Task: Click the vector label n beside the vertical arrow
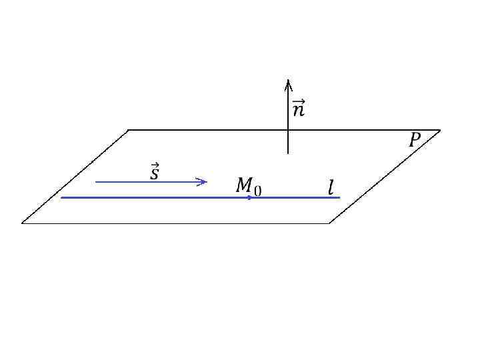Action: [x=298, y=110]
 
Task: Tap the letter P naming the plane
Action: [x=415, y=140]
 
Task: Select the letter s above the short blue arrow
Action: [x=154, y=175]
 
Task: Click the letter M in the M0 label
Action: [x=245, y=186]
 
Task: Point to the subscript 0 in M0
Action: [x=257, y=191]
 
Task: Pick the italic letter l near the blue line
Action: [x=331, y=188]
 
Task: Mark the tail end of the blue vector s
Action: [x=96, y=181]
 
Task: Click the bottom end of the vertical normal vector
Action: [x=288, y=153]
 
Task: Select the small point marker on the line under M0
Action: [x=249, y=197]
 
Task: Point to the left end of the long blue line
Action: [x=61, y=197]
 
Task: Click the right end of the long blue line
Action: [x=340, y=197]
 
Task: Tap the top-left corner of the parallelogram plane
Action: [x=128, y=130]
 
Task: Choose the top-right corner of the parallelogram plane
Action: [x=440, y=130]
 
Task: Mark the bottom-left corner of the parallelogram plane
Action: [x=22, y=223]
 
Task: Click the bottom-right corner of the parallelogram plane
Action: [x=329, y=223]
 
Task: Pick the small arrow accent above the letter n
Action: [x=299, y=101]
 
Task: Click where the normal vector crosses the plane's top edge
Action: [x=288, y=130]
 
